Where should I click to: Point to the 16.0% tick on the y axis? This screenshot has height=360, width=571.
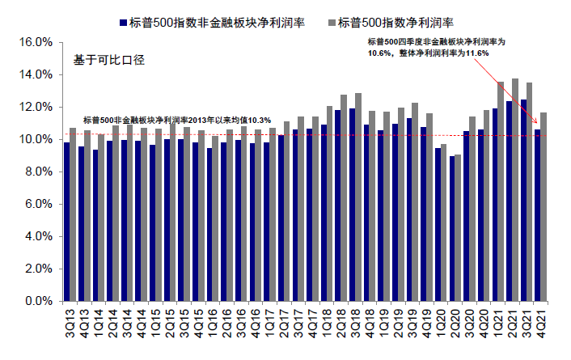click(x=36, y=42)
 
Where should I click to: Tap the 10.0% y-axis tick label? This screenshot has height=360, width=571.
click(x=36, y=139)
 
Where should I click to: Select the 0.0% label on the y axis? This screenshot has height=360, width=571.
click(x=38, y=301)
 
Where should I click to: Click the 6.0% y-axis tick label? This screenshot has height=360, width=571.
click(x=38, y=204)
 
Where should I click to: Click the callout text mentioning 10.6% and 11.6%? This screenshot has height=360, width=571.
click(x=436, y=47)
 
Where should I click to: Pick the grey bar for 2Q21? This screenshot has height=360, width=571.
click(x=514, y=190)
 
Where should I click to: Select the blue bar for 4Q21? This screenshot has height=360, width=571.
click(x=537, y=215)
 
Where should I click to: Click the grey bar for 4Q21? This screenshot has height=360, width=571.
click(x=545, y=207)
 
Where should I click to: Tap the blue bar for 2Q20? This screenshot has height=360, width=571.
click(x=453, y=228)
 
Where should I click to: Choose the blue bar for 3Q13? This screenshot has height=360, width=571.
click(x=66, y=222)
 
